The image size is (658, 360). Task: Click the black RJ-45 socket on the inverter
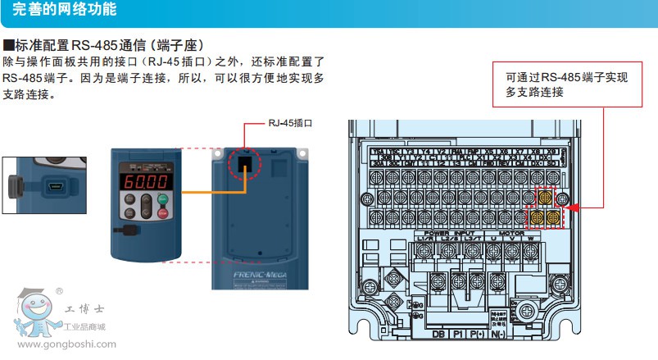pyautogui.click(x=245, y=162)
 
